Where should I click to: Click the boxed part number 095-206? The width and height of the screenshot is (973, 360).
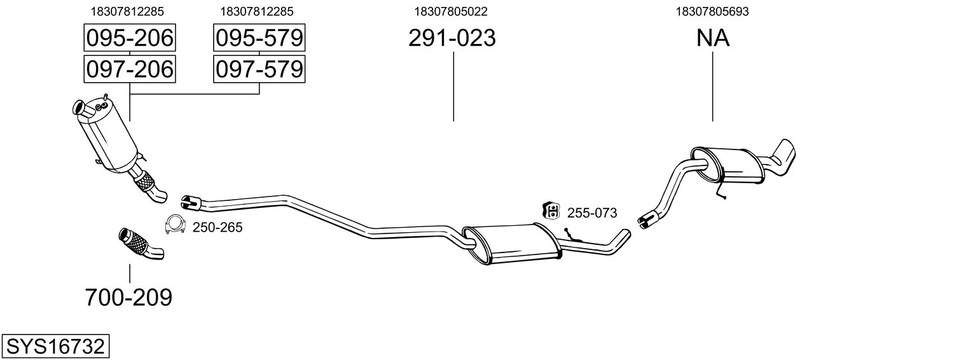[x=129, y=38]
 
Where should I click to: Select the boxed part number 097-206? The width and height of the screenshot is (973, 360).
[x=129, y=69]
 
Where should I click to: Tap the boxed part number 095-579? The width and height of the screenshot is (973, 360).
[x=259, y=38]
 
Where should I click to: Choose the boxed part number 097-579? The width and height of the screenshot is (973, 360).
[x=259, y=69]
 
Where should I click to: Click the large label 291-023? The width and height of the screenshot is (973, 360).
[x=452, y=39]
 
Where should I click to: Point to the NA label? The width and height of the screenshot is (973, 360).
[x=712, y=39]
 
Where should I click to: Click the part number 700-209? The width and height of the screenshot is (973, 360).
[x=128, y=297]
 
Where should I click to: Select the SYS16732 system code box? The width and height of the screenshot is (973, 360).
[x=55, y=347]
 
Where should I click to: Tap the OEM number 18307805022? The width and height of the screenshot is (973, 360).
[x=451, y=11]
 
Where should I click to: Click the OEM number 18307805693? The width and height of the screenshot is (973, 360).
[x=712, y=11]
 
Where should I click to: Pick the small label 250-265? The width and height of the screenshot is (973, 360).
[x=217, y=227]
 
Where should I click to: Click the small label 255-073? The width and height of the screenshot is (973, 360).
[x=591, y=213]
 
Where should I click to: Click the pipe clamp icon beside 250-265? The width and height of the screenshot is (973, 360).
[x=174, y=224]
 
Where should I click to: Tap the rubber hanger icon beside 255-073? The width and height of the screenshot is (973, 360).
[x=550, y=211]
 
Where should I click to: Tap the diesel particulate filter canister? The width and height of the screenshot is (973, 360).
[x=108, y=136]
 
